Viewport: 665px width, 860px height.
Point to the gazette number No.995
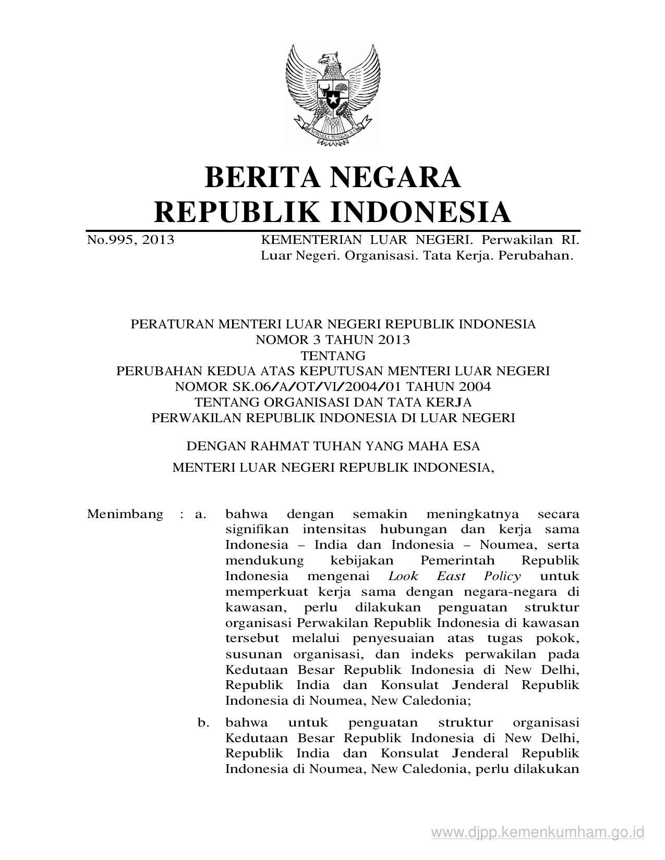(110, 240)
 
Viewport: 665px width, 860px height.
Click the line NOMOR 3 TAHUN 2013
(332, 340)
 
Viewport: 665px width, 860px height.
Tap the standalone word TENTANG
(332, 355)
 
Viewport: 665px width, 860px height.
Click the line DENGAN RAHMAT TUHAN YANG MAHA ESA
(333, 446)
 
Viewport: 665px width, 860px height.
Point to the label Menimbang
(125, 514)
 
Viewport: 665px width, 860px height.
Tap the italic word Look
(403, 576)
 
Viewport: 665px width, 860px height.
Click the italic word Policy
(502, 576)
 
